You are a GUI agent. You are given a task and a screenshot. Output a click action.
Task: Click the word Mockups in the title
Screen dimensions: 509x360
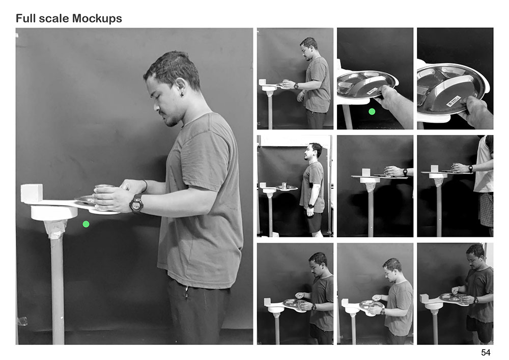[97, 19]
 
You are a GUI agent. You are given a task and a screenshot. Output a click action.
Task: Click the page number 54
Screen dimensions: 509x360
[486, 352]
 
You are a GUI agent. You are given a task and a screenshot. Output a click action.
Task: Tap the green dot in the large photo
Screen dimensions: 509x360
[86, 224]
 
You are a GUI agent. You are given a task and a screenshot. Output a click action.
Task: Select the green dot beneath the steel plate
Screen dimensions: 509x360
[372, 112]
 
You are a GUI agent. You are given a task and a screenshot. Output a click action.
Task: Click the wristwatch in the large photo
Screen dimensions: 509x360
[136, 204]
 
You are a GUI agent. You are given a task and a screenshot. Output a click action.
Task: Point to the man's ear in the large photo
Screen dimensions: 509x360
[180, 87]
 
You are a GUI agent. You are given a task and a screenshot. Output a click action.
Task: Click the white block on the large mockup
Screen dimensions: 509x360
[32, 193]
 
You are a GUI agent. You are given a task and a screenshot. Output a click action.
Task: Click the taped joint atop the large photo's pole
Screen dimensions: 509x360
[55, 229]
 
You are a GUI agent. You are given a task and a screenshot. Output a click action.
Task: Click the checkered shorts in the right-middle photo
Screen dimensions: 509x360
[486, 209]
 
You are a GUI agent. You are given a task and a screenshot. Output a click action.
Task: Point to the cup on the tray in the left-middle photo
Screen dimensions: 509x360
[285, 185]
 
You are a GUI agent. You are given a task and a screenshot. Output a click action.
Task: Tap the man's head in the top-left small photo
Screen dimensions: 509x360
[308, 48]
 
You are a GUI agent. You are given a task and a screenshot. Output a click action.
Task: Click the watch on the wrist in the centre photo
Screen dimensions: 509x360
[405, 172]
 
